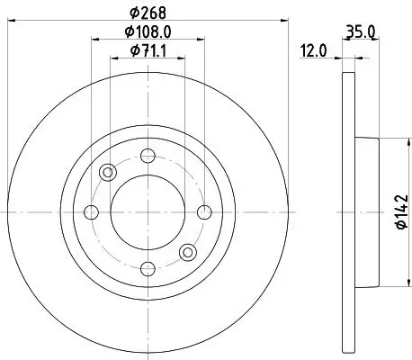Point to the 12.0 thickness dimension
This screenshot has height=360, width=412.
[312, 52]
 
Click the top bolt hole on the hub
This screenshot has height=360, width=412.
[146, 155]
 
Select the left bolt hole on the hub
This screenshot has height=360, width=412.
[90, 212]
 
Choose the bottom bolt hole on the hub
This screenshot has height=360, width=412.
[146, 269]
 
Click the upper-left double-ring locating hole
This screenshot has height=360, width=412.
[109, 173]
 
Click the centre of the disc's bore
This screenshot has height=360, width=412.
[147, 212]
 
